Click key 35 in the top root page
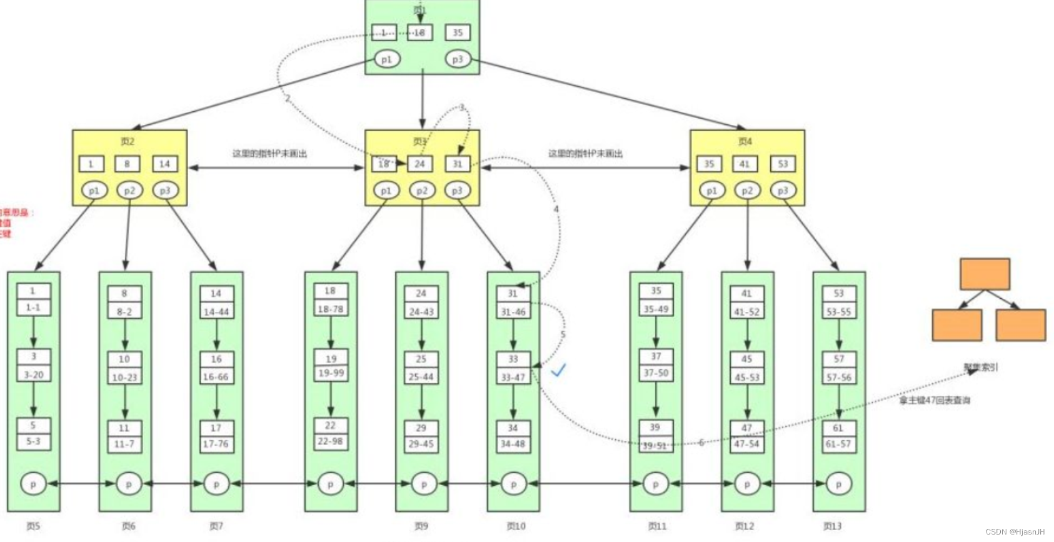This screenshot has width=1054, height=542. (458, 33)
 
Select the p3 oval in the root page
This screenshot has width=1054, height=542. (458, 59)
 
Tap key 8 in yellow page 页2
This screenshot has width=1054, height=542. (127, 164)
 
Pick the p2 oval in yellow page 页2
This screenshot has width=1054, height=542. (129, 191)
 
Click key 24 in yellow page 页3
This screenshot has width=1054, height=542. (419, 164)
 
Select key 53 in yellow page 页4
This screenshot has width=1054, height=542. (783, 164)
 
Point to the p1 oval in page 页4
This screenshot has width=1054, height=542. (711, 191)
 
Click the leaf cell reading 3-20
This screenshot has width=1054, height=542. (34, 374)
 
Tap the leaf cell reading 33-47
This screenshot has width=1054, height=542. (513, 377)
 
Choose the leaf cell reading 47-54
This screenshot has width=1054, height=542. (746, 444)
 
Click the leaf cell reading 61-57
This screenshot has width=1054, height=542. (838, 444)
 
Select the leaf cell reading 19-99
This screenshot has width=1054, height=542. (331, 373)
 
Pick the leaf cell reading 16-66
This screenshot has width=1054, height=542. (216, 377)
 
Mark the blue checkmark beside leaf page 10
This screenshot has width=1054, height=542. (558, 370)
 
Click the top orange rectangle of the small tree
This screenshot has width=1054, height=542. (985, 274)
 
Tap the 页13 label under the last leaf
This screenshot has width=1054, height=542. (832, 526)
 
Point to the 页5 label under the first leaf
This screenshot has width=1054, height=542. (33, 526)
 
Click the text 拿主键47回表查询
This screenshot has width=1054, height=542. (935, 400)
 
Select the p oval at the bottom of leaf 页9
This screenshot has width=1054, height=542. (424, 484)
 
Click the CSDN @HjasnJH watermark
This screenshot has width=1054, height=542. (1015, 532)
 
